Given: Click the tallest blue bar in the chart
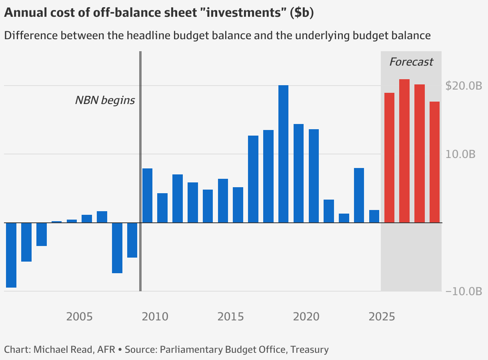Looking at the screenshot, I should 283,154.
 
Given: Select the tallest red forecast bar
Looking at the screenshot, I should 404,151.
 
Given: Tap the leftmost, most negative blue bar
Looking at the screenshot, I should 11,255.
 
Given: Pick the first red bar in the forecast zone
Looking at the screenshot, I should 389,158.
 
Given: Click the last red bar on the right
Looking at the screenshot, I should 434,162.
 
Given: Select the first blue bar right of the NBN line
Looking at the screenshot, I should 148,195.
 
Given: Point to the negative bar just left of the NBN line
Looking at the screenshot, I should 132,240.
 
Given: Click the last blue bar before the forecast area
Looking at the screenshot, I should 374,216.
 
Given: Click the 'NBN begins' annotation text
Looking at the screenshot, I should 105,100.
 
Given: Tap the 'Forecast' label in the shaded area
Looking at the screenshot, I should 411,62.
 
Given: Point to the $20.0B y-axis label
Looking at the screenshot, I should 464,86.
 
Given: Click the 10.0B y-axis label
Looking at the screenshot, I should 460,154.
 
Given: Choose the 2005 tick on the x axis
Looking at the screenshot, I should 80,317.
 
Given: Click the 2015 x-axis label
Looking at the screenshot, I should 231,317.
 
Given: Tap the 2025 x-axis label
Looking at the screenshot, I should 382,317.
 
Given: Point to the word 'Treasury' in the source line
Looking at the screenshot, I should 310,349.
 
